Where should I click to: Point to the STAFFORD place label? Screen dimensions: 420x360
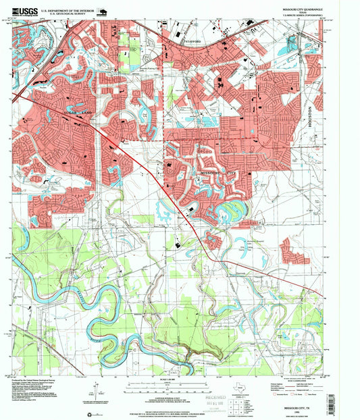pos(194,40)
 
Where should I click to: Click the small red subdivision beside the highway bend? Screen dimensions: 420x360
pos(215,240)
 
